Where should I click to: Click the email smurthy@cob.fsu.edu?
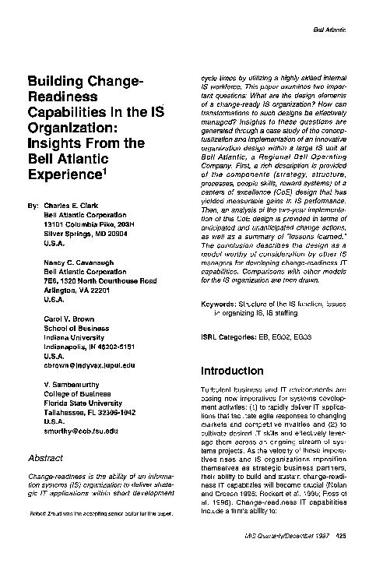tap(81, 431)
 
